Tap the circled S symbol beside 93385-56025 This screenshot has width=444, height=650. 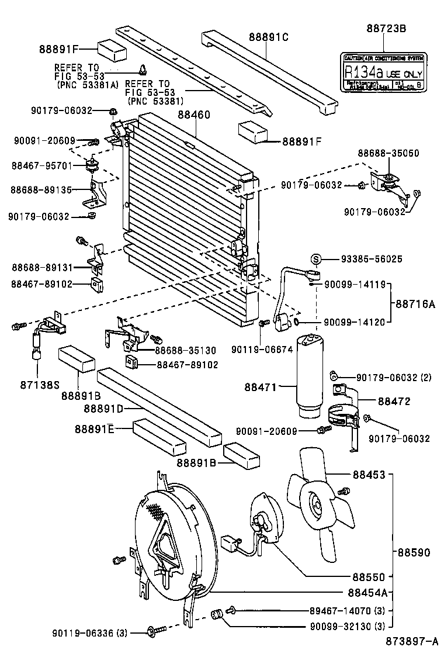(315, 259)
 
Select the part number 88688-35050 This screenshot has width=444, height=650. (388, 153)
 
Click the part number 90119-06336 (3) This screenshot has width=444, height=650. (89, 632)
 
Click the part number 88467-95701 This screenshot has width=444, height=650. (41, 165)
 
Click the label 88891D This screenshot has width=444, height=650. (103, 407)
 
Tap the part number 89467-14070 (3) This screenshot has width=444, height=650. (346, 611)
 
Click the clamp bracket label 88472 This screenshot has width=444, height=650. (394, 401)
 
